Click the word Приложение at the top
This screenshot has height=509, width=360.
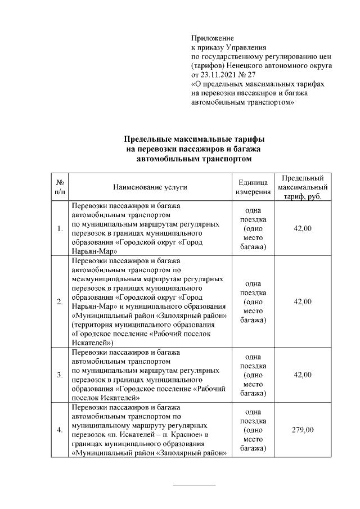pyautogui.click(x=213, y=37)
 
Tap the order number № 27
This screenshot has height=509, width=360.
pyautogui.click(x=247, y=74)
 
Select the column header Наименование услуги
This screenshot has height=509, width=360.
pyautogui.click(x=150, y=187)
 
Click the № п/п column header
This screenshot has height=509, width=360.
pyautogui.click(x=59, y=187)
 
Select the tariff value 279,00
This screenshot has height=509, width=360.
pyautogui.click(x=302, y=430)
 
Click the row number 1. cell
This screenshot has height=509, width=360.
pyautogui.click(x=59, y=228)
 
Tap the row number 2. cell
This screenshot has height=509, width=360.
pyautogui.click(x=59, y=302)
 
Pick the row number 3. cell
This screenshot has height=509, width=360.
pyautogui.click(x=59, y=375)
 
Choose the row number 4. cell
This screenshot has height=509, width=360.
pyautogui.click(x=59, y=430)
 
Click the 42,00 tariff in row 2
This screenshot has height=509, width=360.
pyautogui.click(x=302, y=302)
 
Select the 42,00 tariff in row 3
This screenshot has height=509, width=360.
pyautogui.click(x=302, y=375)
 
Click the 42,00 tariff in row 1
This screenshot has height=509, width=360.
pyautogui.click(x=302, y=228)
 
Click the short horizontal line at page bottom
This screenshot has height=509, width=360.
pyautogui.click(x=194, y=484)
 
